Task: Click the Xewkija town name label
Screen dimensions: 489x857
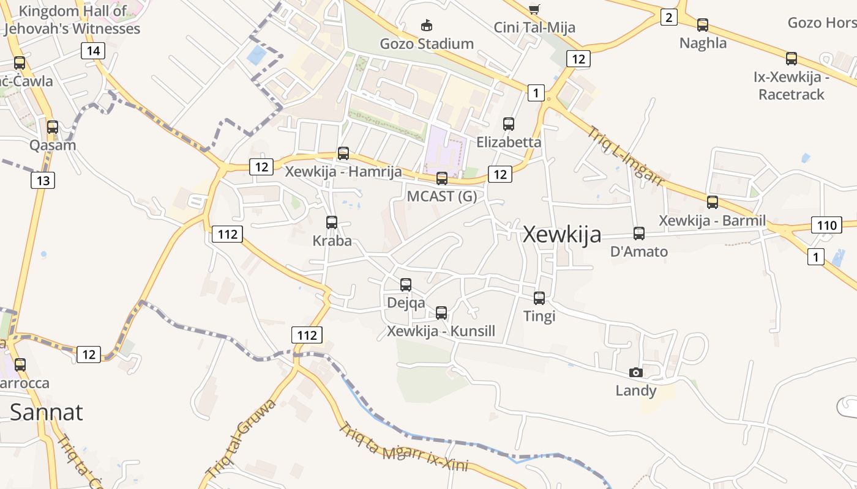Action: (x=562, y=235)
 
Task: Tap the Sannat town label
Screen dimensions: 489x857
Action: (x=47, y=412)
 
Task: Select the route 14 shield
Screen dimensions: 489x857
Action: (x=93, y=51)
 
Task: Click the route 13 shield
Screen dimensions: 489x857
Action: (x=42, y=180)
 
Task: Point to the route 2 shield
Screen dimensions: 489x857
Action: (x=668, y=18)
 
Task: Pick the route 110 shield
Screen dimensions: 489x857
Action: (x=826, y=225)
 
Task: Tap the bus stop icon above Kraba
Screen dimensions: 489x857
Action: (x=332, y=222)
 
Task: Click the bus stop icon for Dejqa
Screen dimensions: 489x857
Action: (x=406, y=285)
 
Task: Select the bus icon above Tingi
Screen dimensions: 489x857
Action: (x=539, y=298)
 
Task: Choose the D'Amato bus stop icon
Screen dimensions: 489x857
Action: (x=639, y=233)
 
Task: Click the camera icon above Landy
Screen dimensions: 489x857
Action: (x=636, y=372)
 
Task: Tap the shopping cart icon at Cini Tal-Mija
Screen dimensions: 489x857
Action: (x=534, y=9)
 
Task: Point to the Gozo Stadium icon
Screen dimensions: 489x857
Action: (x=427, y=26)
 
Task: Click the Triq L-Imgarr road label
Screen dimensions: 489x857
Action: (x=626, y=155)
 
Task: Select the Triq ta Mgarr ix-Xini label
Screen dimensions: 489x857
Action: (x=403, y=447)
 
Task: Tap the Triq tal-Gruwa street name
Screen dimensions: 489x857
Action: (x=241, y=439)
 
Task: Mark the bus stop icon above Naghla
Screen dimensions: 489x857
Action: (x=703, y=25)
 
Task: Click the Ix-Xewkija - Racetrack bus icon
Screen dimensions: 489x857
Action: (x=792, y=59)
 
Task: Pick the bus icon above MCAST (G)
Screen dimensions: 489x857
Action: (x=442, y=178)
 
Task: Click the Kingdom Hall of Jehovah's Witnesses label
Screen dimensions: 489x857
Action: (x=72, y=20)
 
